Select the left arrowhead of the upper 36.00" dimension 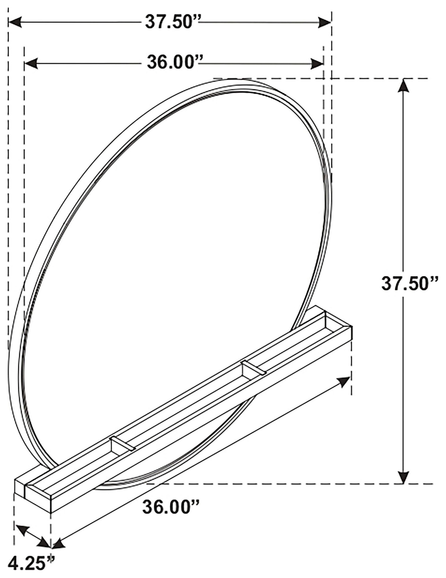(31, 64)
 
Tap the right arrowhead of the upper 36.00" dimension (317, 64)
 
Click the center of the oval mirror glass (174, 265)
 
